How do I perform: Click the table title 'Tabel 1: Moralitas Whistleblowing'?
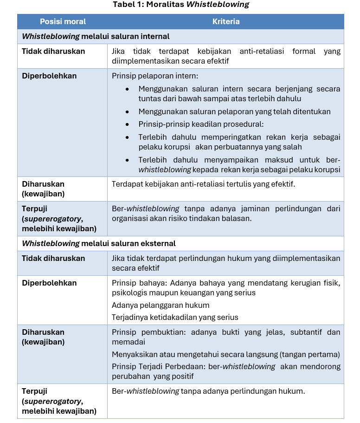tap(180, 5)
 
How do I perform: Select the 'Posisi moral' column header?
tap(63, 21)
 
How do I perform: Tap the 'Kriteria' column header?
tap(226, 21)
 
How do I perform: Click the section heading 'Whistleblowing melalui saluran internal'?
tap(96, 36)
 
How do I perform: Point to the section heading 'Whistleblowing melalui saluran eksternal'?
tap(99, 243)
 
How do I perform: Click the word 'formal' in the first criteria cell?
tap(304, 52)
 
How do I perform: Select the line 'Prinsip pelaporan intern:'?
tap(155, 76)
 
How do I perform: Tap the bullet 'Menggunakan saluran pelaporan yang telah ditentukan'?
tap(234, 111)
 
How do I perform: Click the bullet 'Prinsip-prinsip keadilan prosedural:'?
tap(200, 124)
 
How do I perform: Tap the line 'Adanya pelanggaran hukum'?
tap(161, 305)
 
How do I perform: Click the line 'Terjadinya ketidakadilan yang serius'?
tap(175, 318)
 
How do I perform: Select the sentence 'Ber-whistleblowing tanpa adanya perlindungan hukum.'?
tap(208, 391)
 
